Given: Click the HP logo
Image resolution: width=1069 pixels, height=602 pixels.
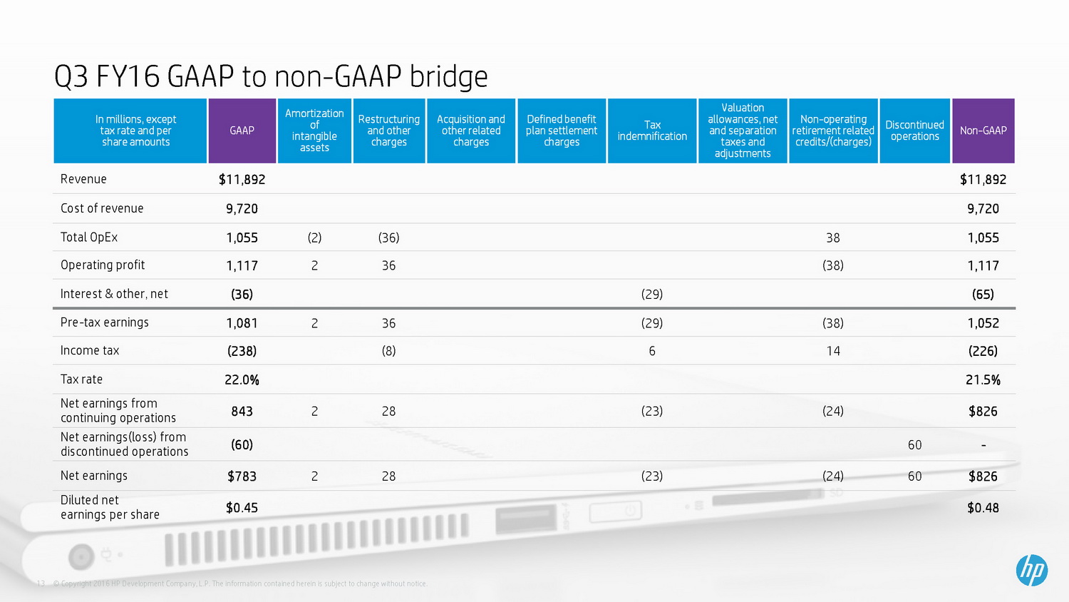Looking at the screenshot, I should pos(1031,570).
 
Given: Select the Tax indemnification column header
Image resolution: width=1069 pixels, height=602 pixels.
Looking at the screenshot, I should pos(652,131).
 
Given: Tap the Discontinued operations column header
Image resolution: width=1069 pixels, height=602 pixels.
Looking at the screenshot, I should pos(914,131).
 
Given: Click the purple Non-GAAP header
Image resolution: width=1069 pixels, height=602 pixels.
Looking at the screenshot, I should pos(983,131).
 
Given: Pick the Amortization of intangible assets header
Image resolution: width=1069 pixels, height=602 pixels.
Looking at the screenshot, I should pos(314,131).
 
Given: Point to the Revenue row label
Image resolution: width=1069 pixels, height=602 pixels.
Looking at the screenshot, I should pos(83,179).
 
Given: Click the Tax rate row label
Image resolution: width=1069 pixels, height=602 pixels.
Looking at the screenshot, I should pos(81,379).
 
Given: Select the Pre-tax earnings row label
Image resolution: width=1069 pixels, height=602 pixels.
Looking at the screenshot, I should pos(105,322).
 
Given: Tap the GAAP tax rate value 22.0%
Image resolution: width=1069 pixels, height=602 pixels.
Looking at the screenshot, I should pos(242,380).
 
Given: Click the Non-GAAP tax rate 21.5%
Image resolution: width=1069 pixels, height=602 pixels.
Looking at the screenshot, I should pos(983,380).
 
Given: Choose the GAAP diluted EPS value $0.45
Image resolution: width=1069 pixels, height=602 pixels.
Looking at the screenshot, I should pos(242,508).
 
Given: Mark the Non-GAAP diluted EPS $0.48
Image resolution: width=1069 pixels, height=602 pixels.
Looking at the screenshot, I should pos(983,508).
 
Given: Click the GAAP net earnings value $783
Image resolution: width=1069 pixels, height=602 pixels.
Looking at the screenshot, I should pos(242,476).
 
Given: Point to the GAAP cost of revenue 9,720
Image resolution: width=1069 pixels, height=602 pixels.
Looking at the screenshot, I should pos(242,209).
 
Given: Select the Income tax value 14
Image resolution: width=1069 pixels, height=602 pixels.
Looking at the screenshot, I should pos(832,351).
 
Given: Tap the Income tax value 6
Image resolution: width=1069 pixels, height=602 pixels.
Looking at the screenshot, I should pos(651,351).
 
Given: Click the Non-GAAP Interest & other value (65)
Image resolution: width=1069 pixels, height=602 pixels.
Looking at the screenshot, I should pos(983,295).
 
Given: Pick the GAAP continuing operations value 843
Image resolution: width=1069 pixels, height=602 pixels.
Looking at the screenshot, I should pos(242,412).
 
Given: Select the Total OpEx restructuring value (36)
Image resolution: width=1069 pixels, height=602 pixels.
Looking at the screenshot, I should pos(388,238).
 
